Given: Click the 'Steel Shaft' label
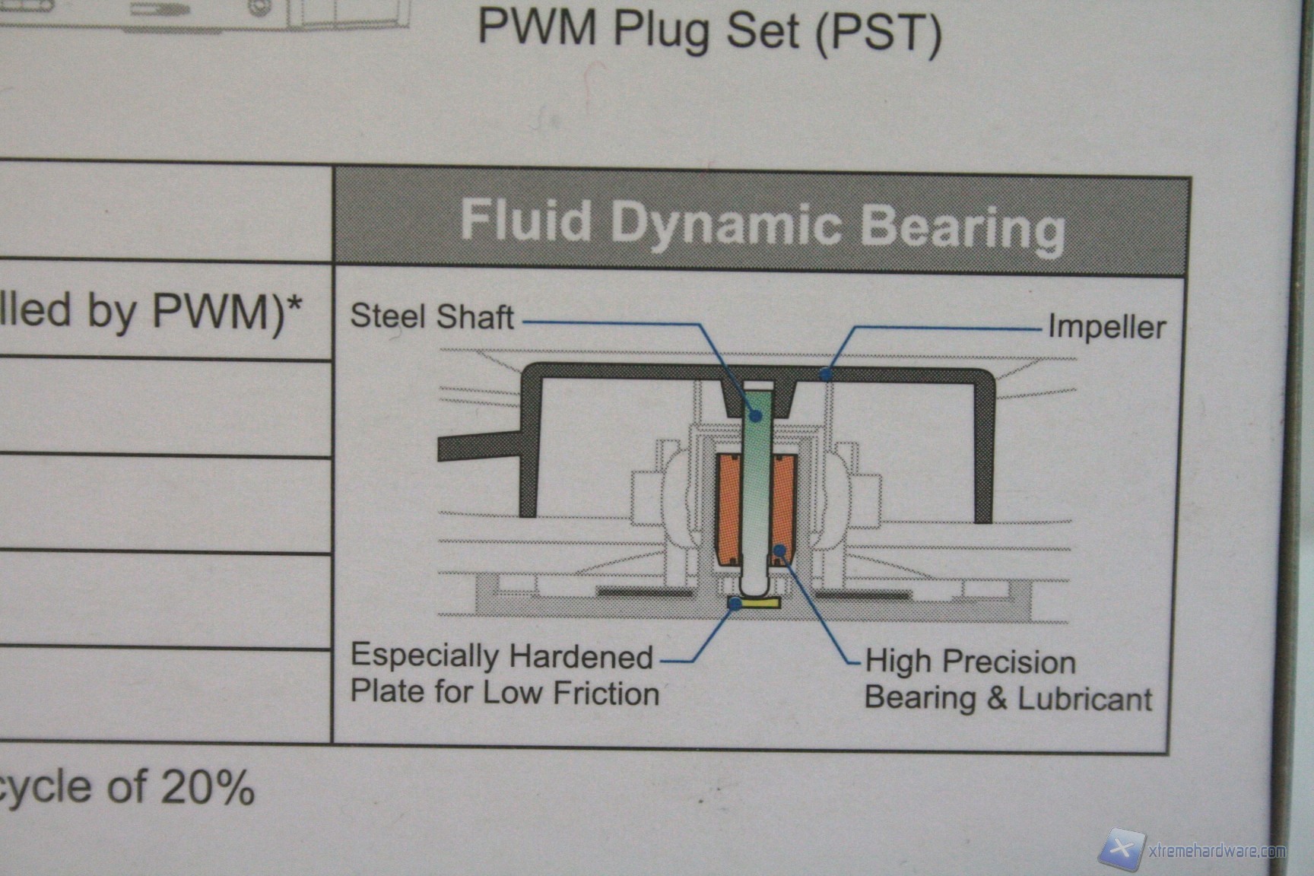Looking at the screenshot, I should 431,317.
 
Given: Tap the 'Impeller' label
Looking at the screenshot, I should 1106,328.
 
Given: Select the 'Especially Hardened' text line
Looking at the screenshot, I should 502,656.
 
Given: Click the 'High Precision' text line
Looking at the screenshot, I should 970,662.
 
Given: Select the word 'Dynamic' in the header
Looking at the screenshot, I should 725,224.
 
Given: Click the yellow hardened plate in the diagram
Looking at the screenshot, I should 760,604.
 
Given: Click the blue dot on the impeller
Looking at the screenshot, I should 827,373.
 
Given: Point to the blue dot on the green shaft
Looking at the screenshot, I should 756,415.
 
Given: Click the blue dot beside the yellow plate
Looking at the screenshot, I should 735,603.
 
